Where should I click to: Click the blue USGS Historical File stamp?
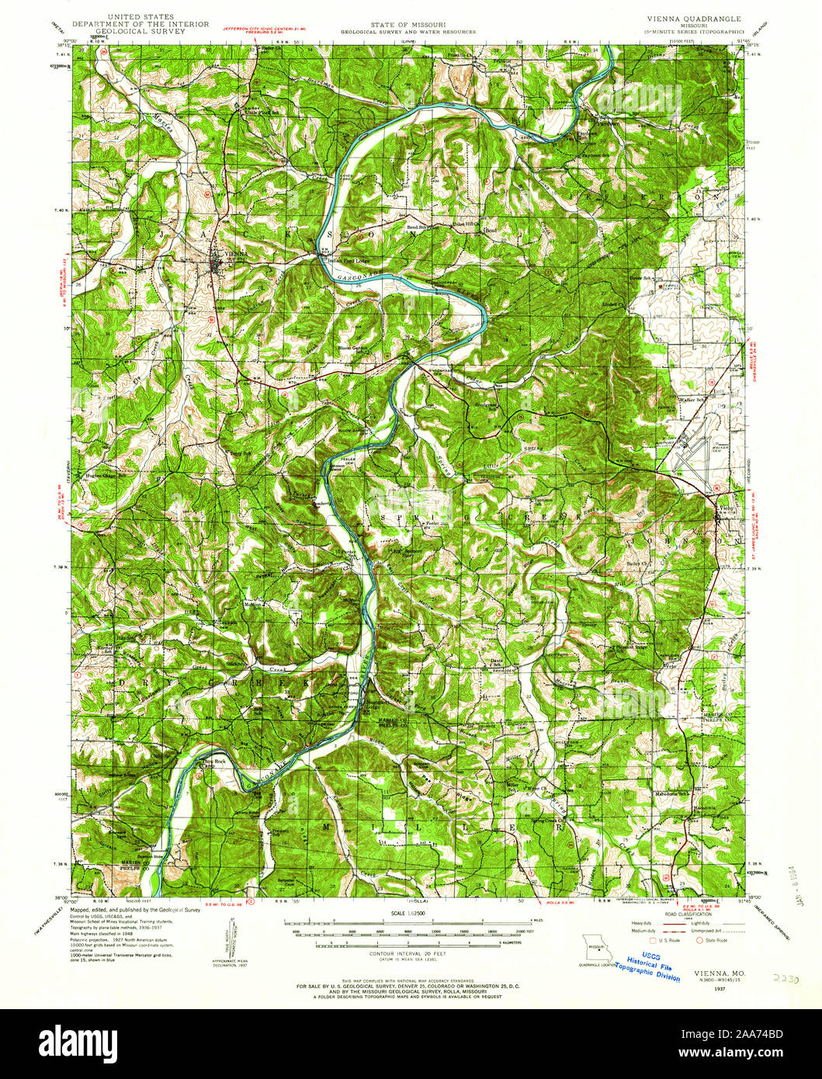(x=654, y=966)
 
